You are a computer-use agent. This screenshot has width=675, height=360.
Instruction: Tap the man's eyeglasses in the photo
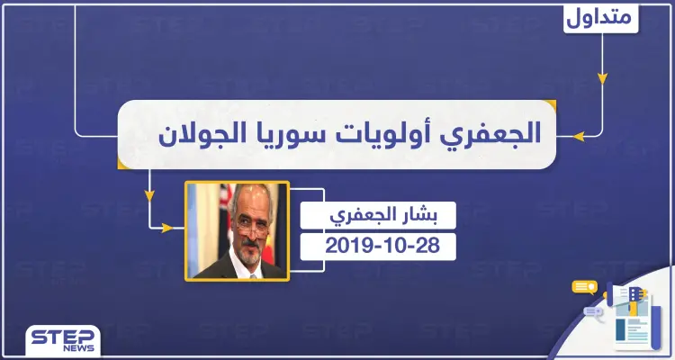[x=240, y=216]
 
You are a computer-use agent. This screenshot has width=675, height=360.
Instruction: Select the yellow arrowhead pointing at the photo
[x=166, y=228]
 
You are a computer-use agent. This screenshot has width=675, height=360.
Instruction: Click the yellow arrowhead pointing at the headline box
[x=565, y=136]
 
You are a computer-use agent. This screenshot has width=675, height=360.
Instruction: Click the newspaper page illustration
[x=634, y=328]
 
